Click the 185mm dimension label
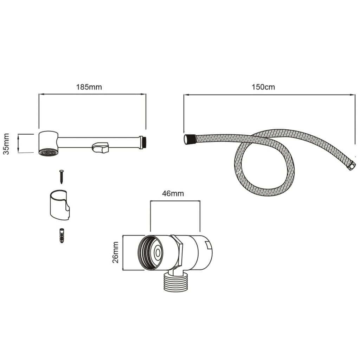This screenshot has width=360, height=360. coord(89,87)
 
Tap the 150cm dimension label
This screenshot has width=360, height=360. coord(263,87)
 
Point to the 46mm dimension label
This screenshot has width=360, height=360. coord(173,193)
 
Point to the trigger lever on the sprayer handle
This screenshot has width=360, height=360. coord(101,148)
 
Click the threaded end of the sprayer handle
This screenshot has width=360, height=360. coord(142,142)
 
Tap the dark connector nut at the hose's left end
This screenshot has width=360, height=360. coord(189,139)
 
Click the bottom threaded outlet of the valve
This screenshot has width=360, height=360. coord(176,282)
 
